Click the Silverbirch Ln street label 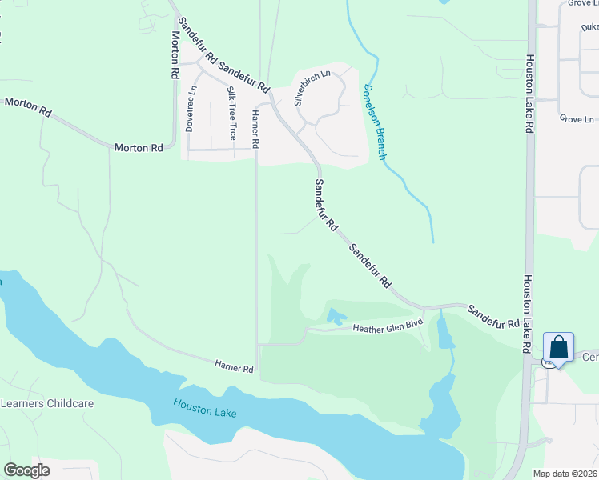pos(312,88)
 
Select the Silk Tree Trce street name pos(232,113)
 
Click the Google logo pos(26,470)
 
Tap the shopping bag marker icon pos(558,349)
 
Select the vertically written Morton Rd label pos(174,55)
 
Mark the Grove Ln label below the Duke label pos(577,119)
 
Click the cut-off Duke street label pos(591,28)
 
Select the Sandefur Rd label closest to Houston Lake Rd pos(492,317)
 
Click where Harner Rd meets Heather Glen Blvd pos(258,345)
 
